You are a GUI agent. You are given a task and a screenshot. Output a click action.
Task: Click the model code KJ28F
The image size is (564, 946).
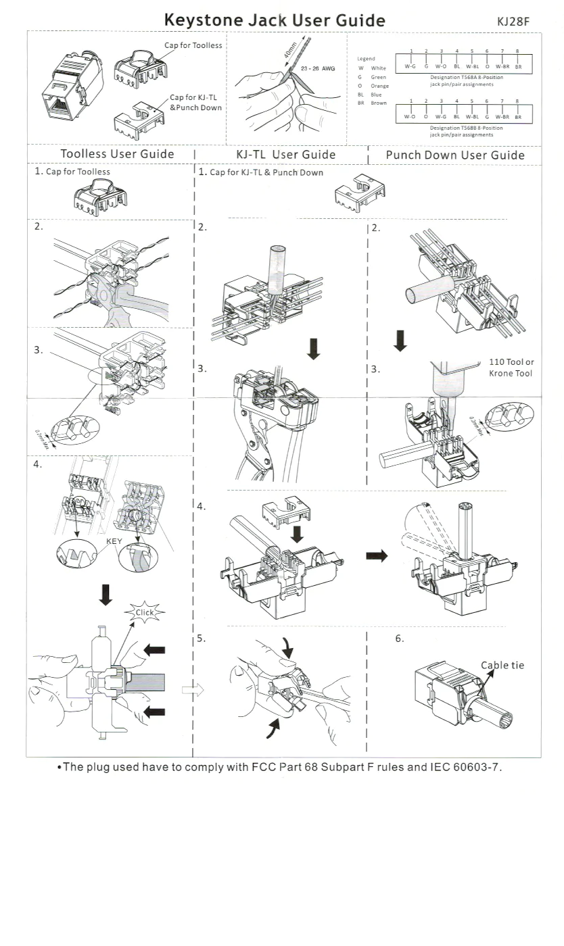pos(513,21)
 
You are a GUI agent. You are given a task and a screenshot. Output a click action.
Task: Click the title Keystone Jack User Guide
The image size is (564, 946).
pos(275,20)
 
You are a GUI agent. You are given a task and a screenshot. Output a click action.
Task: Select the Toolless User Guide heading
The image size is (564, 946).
pos(117,154)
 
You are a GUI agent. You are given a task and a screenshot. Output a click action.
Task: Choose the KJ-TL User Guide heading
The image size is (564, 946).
pos(286,154)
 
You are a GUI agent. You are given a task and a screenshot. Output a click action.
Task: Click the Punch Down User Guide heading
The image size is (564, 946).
pos(455,155)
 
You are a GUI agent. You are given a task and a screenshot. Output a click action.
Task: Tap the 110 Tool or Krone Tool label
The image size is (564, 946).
pos(511,368)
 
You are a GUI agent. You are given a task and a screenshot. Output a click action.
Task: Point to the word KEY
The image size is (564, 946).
pos(114,541)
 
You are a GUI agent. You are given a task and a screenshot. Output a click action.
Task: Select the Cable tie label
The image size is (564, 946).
pos(502,665)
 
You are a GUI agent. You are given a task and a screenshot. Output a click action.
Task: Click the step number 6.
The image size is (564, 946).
pos(400,639)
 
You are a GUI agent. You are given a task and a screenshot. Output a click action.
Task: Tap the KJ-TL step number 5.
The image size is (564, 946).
pos(202,639)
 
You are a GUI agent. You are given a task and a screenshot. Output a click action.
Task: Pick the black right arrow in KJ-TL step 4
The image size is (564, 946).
pos(377,555)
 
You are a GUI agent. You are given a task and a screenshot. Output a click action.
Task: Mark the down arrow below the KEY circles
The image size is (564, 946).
pos(105,594)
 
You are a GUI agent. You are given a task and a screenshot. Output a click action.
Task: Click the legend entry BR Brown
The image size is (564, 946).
pos(373,103)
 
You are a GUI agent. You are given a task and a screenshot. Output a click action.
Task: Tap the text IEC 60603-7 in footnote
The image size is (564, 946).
pos(468,768)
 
